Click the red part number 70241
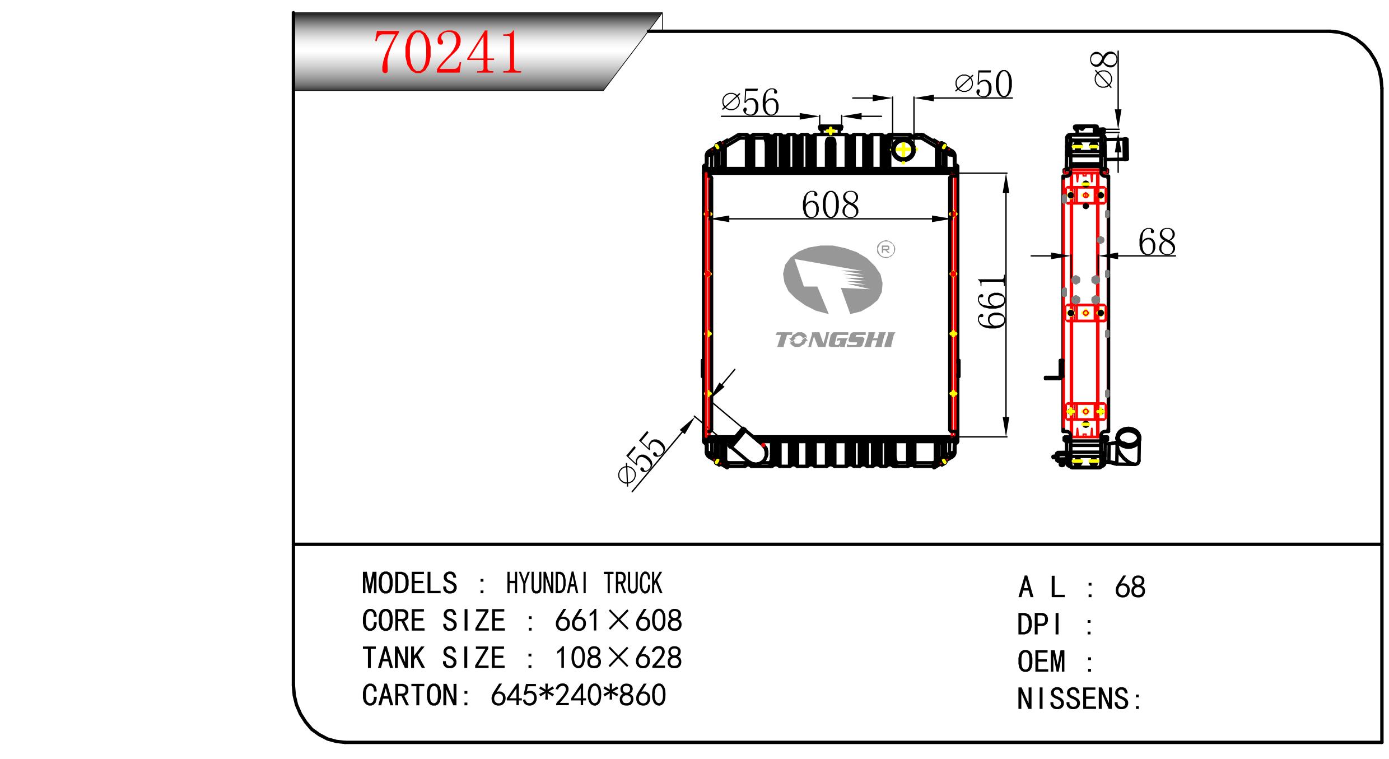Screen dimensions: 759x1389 (x=448, y=53)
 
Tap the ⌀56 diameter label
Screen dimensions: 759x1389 (x=751, y=103)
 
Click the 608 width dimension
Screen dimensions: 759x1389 (x=830, y=205)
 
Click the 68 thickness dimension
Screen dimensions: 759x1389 (x=1157, y=243)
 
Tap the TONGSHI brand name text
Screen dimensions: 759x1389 (x=835, y=340)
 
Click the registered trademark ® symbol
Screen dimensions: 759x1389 (x=886, y=249)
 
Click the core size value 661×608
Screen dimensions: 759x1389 (x=618, y=621)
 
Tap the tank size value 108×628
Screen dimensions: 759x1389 (x=618, y=658)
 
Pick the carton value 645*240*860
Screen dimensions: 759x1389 (x=578, y=695)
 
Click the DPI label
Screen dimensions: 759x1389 (x=1040, y=625)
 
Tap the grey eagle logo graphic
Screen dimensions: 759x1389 (x=832, y=279)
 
